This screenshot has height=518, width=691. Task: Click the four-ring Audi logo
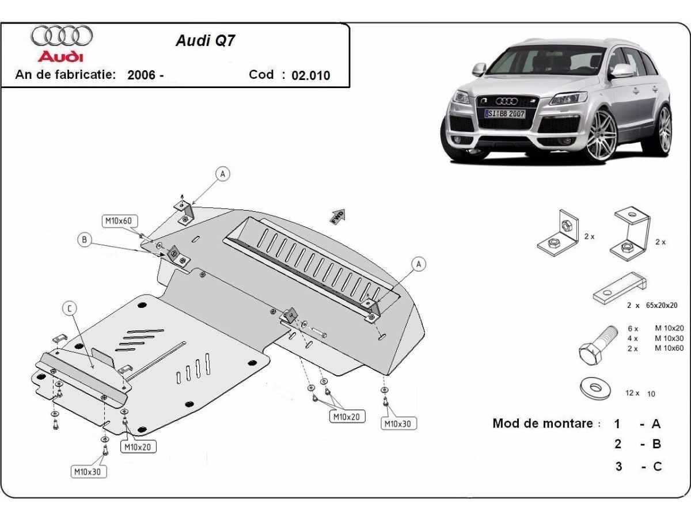point(62,36)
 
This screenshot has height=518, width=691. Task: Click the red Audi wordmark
point(60,56)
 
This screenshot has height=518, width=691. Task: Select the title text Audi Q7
point(205,41)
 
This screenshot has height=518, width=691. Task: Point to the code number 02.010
point(311,75)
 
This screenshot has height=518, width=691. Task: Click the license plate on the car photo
point(504,114)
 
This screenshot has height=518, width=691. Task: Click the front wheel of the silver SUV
point(601,136)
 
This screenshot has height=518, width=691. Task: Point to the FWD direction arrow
point(337,215)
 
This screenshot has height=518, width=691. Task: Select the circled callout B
point(85,240)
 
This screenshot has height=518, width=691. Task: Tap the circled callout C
point(70,310)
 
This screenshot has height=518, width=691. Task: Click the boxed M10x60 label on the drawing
point(118,220)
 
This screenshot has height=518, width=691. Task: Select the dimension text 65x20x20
point(661,305)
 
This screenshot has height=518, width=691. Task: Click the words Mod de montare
point(542,424)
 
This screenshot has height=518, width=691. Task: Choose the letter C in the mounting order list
point(657,466)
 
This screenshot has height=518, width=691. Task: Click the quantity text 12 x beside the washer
point(632,393)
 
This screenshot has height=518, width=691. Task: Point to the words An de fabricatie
point(66,75)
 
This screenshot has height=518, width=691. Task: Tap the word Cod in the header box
point(261,75)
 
